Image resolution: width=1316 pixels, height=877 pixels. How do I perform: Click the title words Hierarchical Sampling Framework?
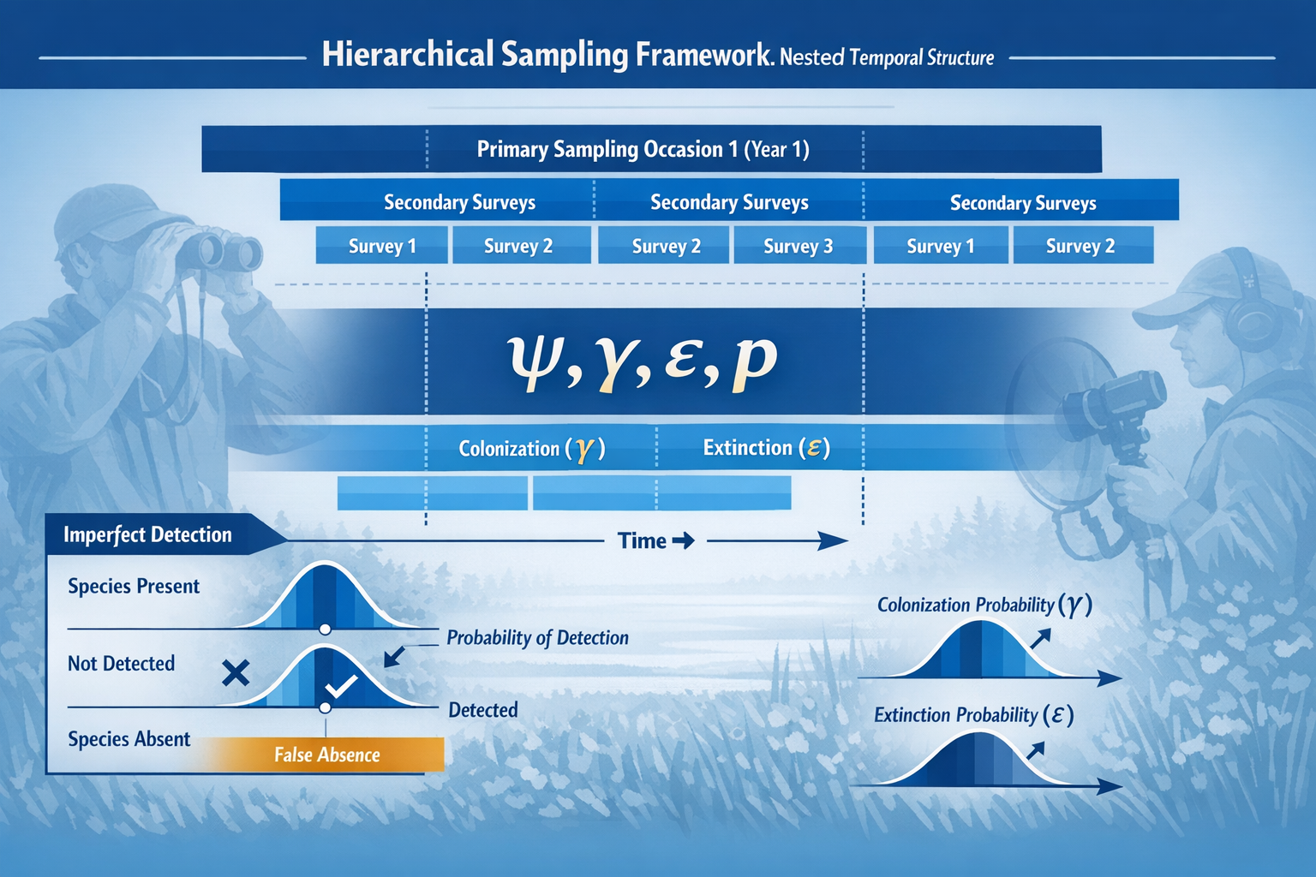pos(547,55)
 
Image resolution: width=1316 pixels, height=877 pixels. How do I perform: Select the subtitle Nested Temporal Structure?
pos(887,57)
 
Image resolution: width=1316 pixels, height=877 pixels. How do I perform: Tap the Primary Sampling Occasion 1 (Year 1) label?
pos(643,149)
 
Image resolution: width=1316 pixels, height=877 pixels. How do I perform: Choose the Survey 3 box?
pos(798,246)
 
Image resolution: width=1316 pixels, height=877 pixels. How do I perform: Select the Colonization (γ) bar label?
pos(532,448)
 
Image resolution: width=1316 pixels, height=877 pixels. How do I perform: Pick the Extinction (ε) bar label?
pos(766,447)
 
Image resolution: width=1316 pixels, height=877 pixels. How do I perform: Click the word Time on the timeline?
pos(642,540)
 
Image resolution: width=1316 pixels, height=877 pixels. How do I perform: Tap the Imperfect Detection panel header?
pos(148,534)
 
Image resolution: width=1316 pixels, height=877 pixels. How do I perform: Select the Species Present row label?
pos(134,586)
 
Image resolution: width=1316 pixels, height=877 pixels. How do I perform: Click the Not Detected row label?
pos(122,663)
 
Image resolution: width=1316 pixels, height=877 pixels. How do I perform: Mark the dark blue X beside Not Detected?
pos(236,673)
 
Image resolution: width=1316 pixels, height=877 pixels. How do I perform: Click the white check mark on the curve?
pos(340,686)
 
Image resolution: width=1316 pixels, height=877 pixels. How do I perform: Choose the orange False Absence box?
pos(326,755)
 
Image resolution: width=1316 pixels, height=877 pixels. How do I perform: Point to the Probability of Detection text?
pos(537,637)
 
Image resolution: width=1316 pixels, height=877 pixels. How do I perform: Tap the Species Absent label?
pos(129,738)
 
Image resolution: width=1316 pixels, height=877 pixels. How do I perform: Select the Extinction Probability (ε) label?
pos(973,714)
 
